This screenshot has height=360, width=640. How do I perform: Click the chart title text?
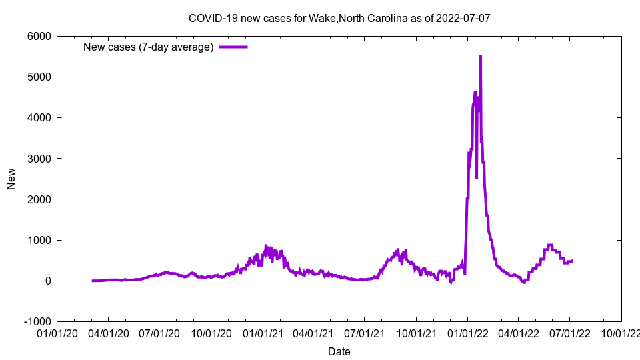(339, 18)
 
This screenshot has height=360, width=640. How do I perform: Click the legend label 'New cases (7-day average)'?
(148, 47)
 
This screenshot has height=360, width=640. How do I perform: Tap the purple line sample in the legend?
(233, 47)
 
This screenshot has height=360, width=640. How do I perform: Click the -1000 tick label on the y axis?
(38, 321)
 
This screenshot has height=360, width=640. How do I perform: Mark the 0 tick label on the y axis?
(49, 281)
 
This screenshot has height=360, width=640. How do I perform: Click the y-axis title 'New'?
(11, 179)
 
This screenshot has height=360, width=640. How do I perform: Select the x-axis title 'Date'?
(339, 351)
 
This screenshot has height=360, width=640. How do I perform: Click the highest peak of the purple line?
(481, 56)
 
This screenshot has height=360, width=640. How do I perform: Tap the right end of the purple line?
(572, 261)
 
